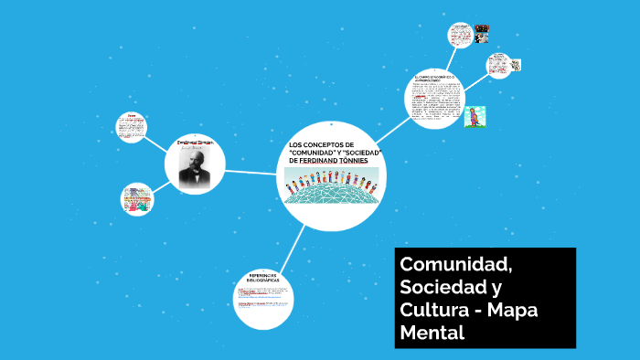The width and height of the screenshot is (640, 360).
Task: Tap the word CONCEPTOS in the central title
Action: (321, 145)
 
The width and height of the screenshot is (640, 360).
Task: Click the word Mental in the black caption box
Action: (432, 333)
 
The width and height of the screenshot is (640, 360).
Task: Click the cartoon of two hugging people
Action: (475, 117)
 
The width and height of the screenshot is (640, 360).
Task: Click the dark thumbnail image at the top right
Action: (481, 34)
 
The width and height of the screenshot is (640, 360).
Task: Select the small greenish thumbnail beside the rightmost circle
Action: (517, 66)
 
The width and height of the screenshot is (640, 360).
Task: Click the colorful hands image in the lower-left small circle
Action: (137, 200)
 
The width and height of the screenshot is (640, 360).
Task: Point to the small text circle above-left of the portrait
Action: (132, 127)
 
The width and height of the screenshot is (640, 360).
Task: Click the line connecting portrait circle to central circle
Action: (251, 172)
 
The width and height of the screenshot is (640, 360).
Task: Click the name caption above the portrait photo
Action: (195, 143)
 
